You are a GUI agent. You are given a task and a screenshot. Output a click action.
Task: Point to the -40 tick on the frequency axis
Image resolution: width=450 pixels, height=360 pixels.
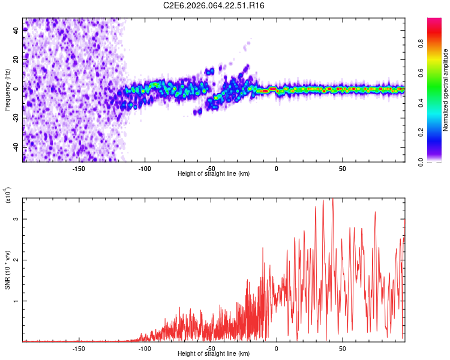point(16,147)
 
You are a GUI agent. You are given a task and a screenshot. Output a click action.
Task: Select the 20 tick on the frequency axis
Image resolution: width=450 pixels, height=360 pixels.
point(16,60)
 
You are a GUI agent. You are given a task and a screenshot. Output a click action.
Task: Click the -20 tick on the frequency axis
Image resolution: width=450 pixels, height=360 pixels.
point(16,118)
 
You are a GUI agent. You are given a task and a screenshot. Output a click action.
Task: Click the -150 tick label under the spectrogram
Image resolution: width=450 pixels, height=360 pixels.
point(78,169)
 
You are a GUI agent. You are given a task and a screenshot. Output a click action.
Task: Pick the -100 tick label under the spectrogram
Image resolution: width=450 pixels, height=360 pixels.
point(144,169)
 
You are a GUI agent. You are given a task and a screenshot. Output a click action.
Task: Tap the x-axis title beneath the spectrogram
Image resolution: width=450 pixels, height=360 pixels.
point(214,174)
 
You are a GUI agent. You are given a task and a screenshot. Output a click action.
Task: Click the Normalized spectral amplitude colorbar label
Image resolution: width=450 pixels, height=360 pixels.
point(445,90)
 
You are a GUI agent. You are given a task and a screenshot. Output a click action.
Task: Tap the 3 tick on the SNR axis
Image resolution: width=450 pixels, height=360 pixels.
point(16,220)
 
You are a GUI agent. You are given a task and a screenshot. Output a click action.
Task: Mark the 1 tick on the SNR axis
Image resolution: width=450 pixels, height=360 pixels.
point(16,301)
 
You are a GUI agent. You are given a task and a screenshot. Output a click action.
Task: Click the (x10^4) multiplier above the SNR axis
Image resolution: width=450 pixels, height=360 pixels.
point(7,196)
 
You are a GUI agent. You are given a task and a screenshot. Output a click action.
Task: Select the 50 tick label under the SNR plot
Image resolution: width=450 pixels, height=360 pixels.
point(342,349)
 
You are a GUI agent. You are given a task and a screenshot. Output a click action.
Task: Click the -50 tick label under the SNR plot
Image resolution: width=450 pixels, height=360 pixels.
point(210,349)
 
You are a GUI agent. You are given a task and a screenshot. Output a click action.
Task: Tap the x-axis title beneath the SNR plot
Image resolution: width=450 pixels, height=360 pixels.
point(214,354)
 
